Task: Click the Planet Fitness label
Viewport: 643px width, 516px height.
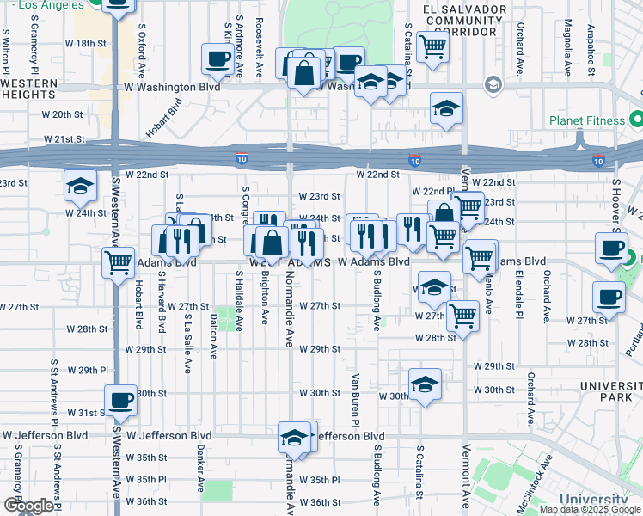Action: tap(598, 119)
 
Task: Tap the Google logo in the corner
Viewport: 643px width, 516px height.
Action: tap(28, 506)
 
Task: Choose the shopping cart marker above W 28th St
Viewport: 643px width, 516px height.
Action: tap(463, 316)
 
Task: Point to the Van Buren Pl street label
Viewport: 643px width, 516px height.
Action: tap(354, 398)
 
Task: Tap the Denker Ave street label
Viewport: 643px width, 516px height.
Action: tap(199, 473)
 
